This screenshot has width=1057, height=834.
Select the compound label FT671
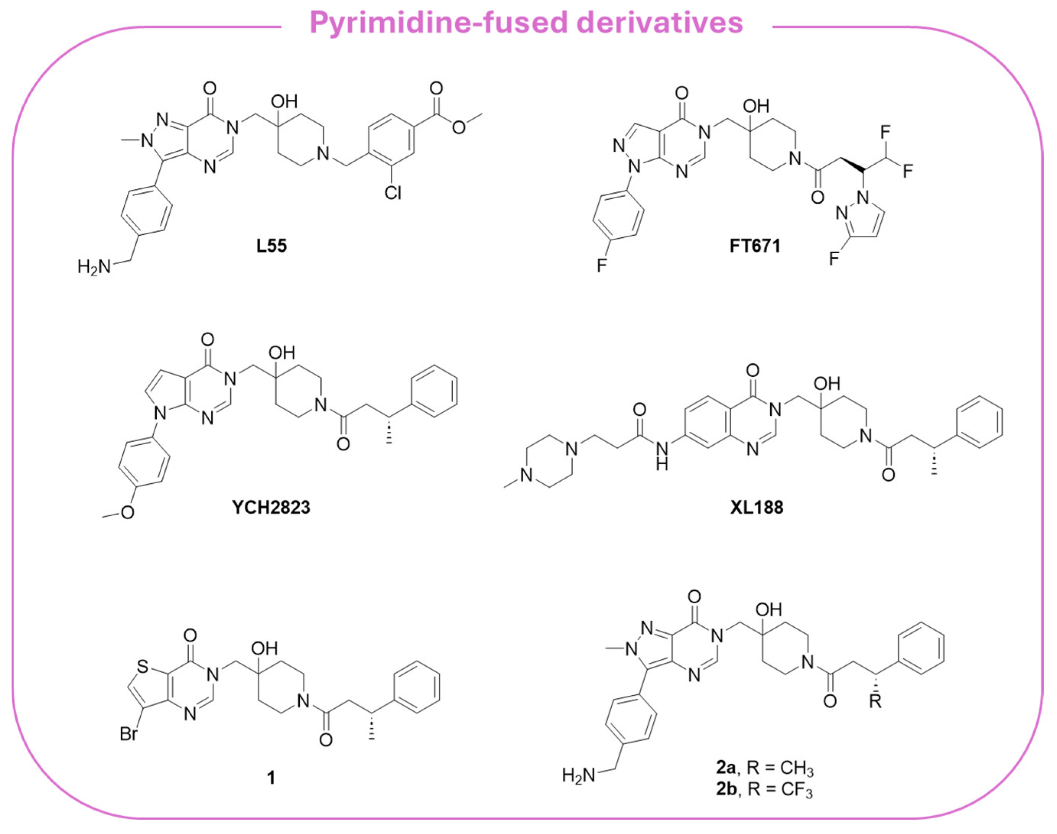pyautogui.click(x=755, y=246)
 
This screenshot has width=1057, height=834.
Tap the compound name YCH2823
pyautogui.click(x=271, y=507)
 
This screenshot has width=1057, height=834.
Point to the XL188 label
pyautogui.click(x=757, y=507)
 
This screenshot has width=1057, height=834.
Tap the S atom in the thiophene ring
pyautogui.click(x=142, y=666)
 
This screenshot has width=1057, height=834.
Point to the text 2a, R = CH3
pyautogui.click(x=765, y=782)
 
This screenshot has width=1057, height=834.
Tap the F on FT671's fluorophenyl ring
pyautogui.click(x=602, y=265)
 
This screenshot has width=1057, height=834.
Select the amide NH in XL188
pyautogui.click(x=662, y=455)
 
